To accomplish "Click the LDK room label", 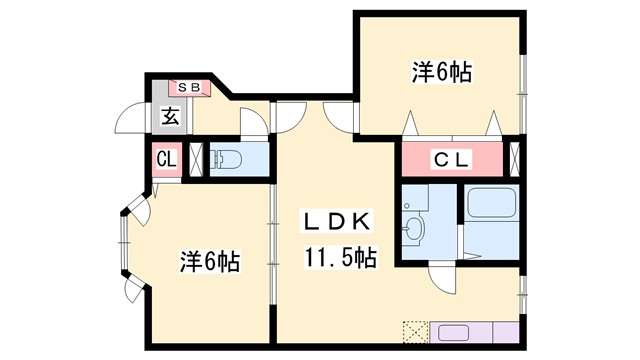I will tap(339, 221).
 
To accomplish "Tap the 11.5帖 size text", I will tap(340, 259).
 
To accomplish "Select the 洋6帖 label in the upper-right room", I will tap(440, 73).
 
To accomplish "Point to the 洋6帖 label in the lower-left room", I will tap(209, 261).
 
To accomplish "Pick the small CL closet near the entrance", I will tap(166, 159).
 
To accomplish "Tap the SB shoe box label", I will tap(189, 88).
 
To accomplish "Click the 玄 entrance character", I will tap(169, 117).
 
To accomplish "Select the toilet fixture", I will tap(229, 159).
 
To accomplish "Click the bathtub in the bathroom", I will tap(490, 206).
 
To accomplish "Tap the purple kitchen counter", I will tap(474, 333).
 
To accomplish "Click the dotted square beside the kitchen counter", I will tap(415, 332).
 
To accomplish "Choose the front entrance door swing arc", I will tap(130, 121).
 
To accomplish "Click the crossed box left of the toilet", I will tap(196, 159).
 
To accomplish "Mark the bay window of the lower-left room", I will tap(122, 247).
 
